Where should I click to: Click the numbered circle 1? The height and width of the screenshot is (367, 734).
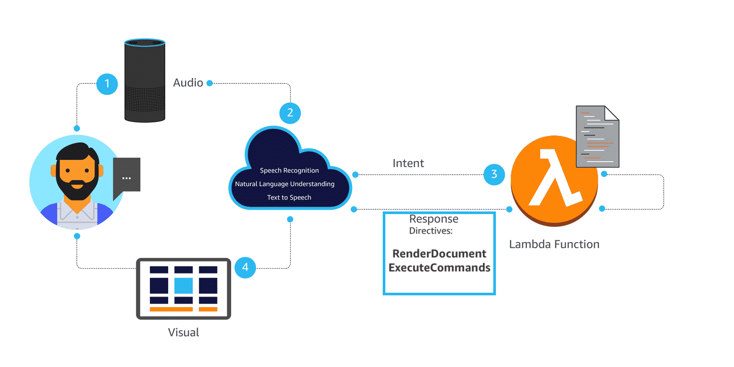(107, 84)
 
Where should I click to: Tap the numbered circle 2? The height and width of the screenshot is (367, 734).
(290, 113)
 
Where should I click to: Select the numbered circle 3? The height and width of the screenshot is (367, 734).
(494, 174)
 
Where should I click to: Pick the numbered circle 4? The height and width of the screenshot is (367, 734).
(245, 267)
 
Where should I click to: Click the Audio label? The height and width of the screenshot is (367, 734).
(188, 83)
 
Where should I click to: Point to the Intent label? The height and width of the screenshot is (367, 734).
(408, 163)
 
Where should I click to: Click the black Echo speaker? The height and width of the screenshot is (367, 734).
(145, 81)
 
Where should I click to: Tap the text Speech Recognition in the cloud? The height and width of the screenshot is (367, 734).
(289, 170)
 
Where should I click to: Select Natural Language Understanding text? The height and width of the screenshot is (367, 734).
(285, 184)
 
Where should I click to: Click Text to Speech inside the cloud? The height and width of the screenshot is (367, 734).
(289, 197)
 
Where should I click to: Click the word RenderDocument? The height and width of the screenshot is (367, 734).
(439, 254)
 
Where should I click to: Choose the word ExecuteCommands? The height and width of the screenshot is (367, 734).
(439, 268)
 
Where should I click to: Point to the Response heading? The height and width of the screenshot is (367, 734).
(433, 219)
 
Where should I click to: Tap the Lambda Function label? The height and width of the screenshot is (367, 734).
(554, 244)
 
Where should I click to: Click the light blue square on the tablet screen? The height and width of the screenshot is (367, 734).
(183, 286)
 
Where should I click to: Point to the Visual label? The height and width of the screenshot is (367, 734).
(183, 332)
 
